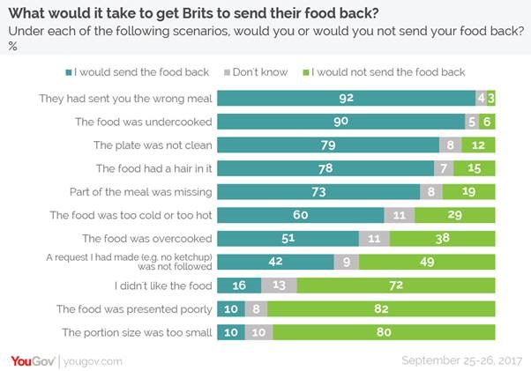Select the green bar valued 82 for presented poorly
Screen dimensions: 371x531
(382, 308)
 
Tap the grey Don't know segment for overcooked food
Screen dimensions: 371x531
(374, 238)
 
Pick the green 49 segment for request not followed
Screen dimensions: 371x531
(428, 261)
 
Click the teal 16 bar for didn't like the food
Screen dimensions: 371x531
(239, 285)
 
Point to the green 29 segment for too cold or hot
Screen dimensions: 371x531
(455, 214)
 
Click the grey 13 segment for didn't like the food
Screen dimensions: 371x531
(280, 285)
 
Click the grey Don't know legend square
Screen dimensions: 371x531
(228, 72)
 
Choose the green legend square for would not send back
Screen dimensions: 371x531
(306, 72)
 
